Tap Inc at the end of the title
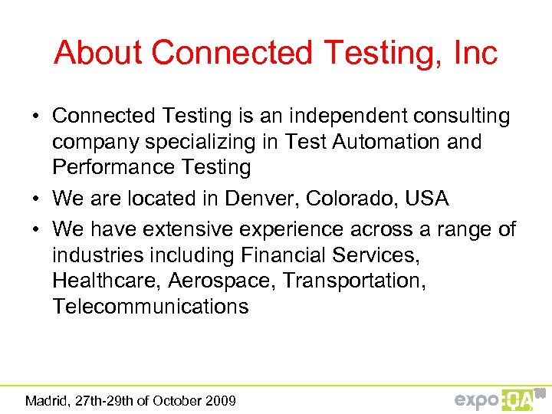[x=475, y=53]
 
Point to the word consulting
[x=462, y=116]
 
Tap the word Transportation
[x=353, y=281]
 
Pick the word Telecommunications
[x=150, y=307]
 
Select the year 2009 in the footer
[x=220, y=400]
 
